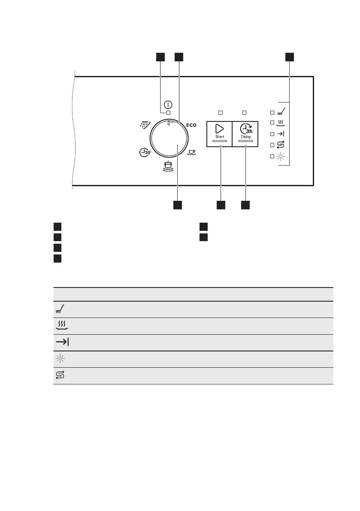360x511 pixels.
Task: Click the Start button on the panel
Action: pyautogui.click(x=220, y=133)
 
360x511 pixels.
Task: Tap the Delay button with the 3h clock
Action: pyautogui.click(x=245, y=133)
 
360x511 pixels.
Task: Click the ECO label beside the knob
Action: pyautogui.click(x=191, y=125)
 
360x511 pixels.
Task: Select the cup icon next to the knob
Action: pyautogui.click(x=191, y=151)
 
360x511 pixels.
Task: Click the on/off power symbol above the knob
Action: pyautogui.click(x=168, y=105)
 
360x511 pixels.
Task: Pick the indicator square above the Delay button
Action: pyautogui.click(x=245, y=112)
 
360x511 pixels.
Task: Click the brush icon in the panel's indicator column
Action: pyautogui.click(x=281, y=112)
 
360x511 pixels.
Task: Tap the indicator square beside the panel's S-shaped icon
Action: pyautogui.click(x=272, y=145)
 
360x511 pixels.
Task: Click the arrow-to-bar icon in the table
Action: pyautogui.click(x=63, y=342)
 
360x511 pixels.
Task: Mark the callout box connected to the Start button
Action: pyautogui.click(x=221, y=206)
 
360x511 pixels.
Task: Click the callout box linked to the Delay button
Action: pyautogui.click(x=245, y=206)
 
